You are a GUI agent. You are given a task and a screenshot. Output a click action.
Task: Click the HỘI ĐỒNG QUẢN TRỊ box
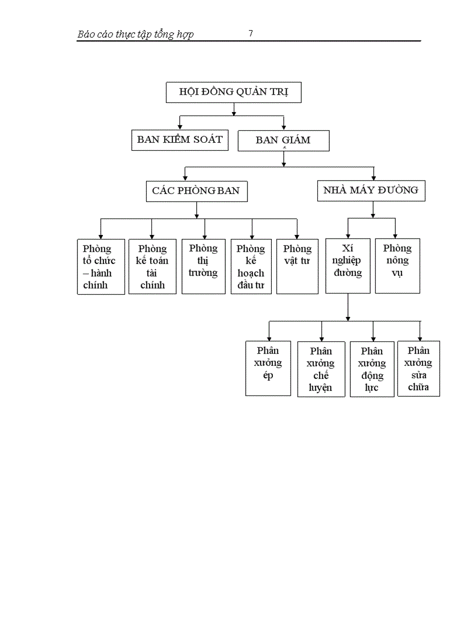pos(233,92)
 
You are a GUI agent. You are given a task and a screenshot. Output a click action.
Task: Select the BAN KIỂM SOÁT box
pos(180,140)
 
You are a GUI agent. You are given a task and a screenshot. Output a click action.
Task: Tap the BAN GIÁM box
pos(283,141)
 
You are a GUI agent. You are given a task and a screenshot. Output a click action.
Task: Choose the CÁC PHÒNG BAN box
pos(196,191)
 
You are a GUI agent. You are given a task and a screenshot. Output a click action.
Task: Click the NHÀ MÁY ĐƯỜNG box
pos(371,191)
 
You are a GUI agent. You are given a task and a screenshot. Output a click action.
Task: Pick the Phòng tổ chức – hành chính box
pos(101,266)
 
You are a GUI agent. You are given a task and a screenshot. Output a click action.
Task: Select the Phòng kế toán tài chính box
pos(152,266)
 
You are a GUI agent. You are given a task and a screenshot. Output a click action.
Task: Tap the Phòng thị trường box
pos(203,266)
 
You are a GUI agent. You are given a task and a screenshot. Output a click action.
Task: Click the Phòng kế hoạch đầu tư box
pos(251,266)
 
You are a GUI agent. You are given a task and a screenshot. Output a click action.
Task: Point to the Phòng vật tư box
pos(297,266)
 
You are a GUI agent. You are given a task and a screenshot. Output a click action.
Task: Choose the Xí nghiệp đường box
pos(348,266)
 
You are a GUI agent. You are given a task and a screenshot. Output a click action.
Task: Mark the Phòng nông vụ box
pos(397,266)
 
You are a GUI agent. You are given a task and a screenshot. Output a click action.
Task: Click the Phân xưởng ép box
pos(268,368)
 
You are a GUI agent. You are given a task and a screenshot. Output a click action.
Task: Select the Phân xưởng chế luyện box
pos(321,369)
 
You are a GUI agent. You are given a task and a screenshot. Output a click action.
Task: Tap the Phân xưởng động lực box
pos(372,369)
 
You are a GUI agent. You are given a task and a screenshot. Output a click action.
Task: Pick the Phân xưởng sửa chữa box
pos(419,369)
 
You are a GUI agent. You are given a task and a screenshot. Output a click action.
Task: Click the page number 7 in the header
pos(251,34)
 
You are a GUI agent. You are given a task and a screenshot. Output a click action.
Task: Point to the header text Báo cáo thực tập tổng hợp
pos(135,35)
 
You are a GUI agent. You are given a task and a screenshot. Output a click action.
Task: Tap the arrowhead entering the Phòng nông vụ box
pos(396,236)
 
